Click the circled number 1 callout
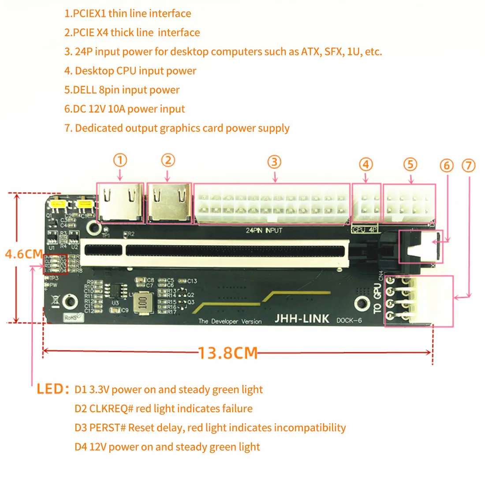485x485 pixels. [120, 160]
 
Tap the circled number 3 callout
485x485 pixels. [274, 162]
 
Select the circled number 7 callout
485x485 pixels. [468, 166]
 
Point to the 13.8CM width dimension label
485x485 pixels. [228, 353]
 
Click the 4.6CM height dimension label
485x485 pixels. [23, 254]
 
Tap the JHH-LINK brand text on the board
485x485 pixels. [302, 319]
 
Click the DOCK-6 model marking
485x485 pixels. [349, 320]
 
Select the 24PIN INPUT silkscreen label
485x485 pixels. [264, 231]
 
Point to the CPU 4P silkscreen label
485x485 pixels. [365, 230]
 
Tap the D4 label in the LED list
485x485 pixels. [81, 447]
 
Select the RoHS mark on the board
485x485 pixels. [71, 317]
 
